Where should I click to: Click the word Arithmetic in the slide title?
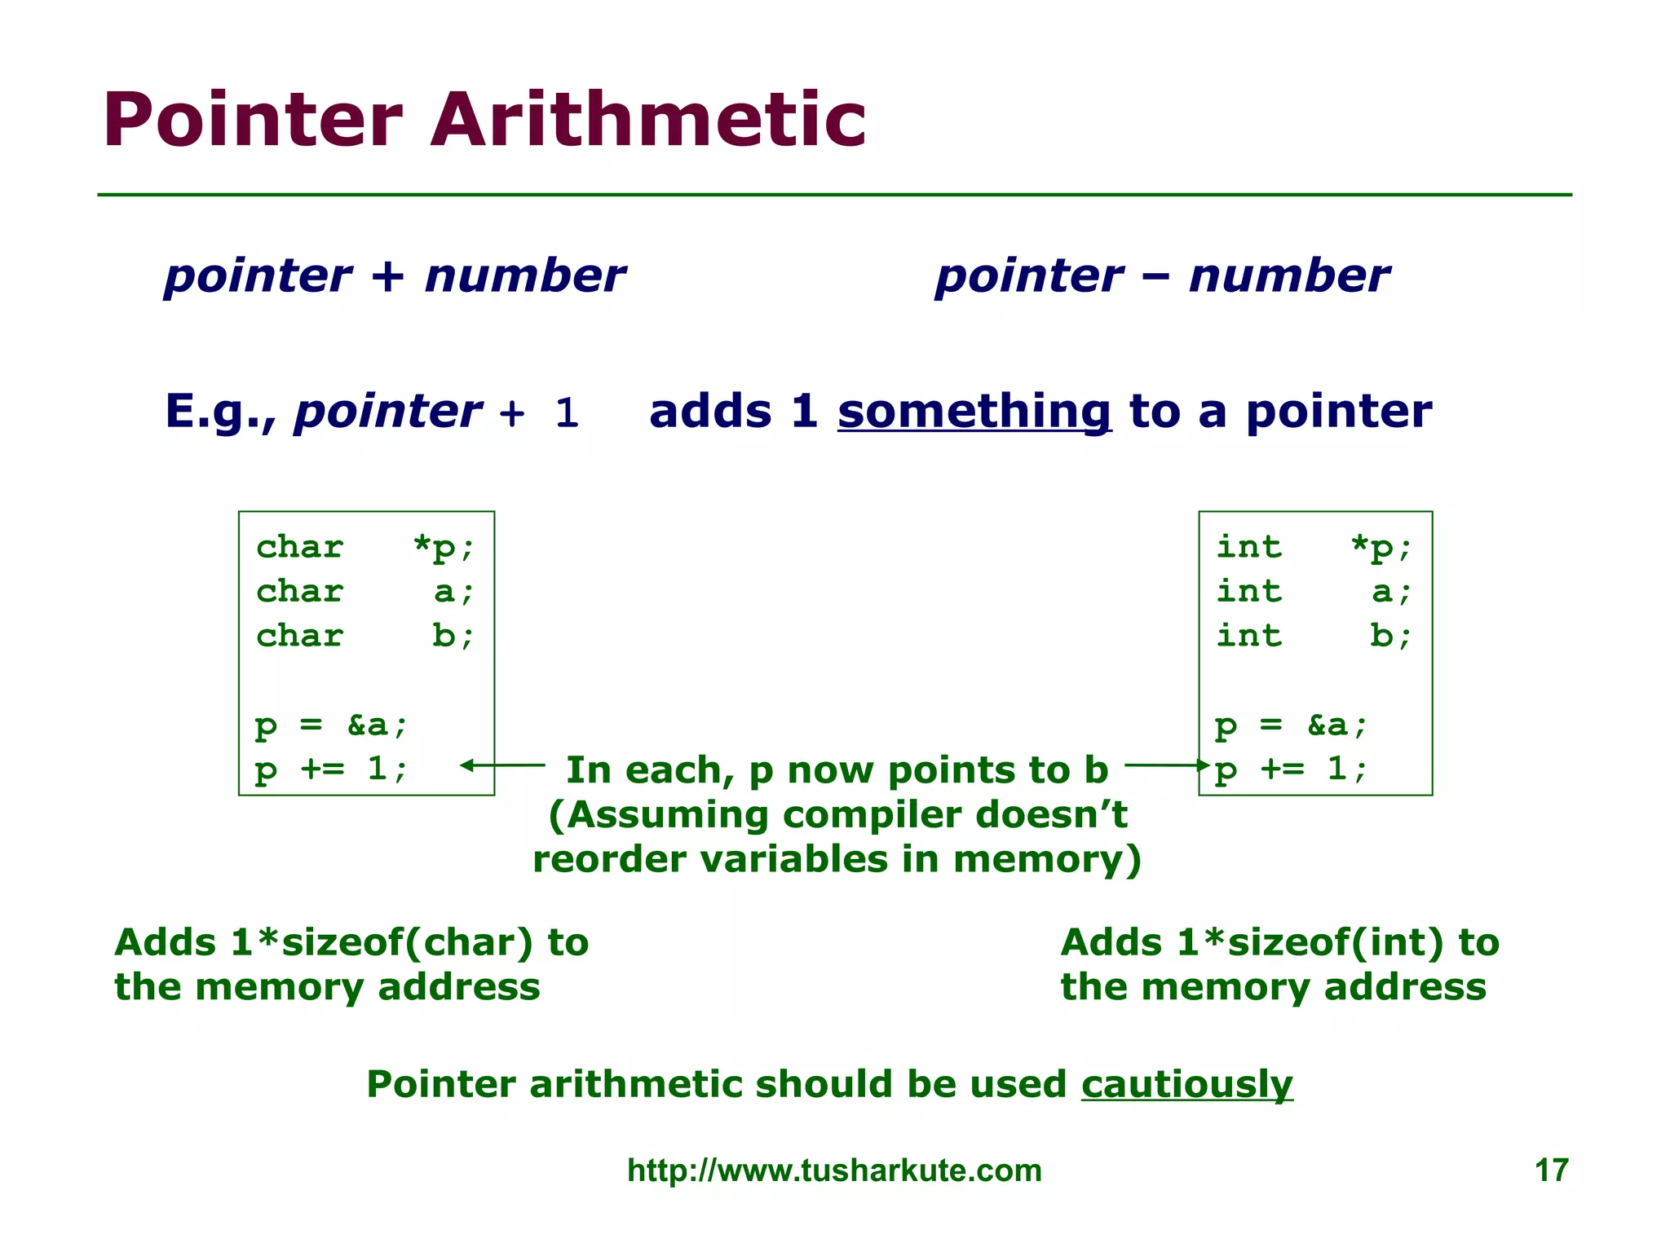[x=648, y=121]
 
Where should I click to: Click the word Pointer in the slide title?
[x=253, y=121]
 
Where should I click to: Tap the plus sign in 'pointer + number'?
[x=388, y=276]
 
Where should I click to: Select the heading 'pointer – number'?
[x=1161, y=276]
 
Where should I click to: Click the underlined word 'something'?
[x=974, y=412]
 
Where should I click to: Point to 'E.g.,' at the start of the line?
[x=220, y=412]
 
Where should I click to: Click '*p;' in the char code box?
[x=443, y=547]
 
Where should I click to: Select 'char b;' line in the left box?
[x=364, y=636]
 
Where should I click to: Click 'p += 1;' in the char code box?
[x=330, y=769]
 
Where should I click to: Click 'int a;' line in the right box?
[x=1313, y=592]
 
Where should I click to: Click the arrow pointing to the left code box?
[x=502, y=765]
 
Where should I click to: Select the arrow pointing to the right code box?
[x=1166, y=765]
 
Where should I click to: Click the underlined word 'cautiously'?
[x=1186, y=1085]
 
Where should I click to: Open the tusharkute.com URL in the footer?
[x=834, y=1170]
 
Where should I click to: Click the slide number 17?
[x=1551, y=1170]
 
